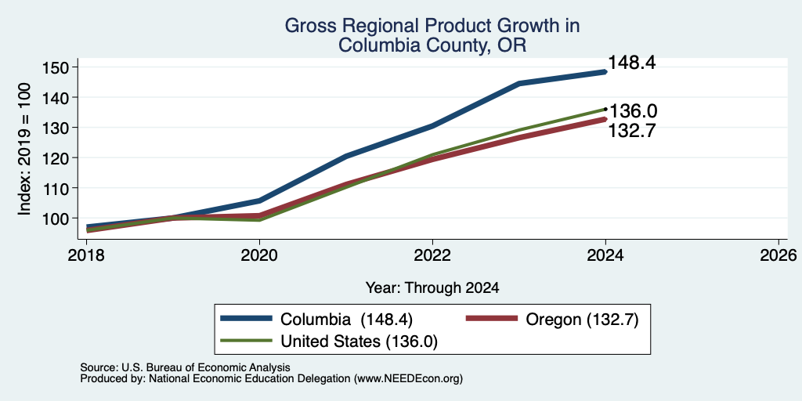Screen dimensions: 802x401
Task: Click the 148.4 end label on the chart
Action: (x=632, y=63)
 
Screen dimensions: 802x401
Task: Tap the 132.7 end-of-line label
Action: (x=632, y=131)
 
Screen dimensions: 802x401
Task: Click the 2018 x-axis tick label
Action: (x=86, y=255)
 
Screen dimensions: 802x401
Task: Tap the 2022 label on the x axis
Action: (x=432, y=255)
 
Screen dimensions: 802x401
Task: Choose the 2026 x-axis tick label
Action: (x=779, y=255)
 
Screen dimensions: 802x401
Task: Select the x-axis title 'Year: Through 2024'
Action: (x=432, y=288)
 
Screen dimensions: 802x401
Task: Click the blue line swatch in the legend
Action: (x=246, y=318)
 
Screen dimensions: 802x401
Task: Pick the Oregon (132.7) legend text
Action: (x=582, y=320)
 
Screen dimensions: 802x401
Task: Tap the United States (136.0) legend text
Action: (x=359, y=341)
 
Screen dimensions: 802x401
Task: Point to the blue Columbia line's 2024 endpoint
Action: (x=605, y=72)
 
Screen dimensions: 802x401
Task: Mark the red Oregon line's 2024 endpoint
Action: (x=605, y=119)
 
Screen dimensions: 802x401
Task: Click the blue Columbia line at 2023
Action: (x=519, y=83)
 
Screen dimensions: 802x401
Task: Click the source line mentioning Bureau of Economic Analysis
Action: (x=185, y=367)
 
